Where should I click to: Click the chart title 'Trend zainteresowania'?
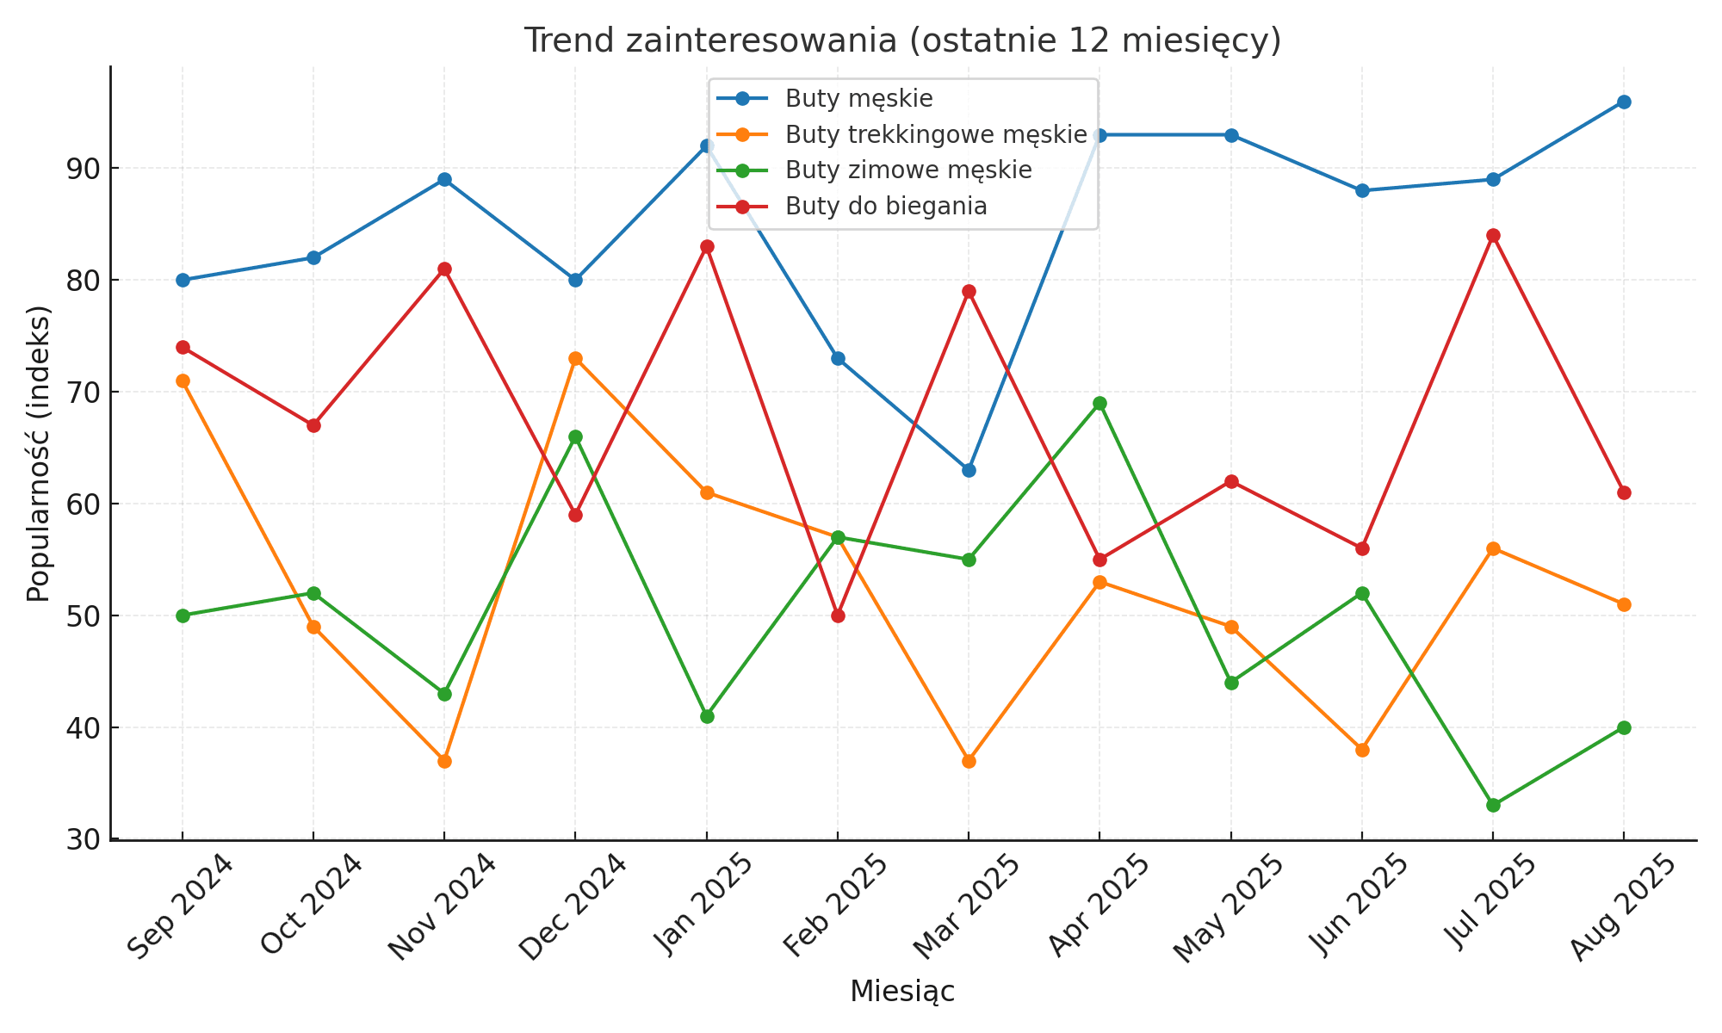click(x=902, y=40)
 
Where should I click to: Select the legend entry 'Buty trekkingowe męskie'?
click(x=935, y=134)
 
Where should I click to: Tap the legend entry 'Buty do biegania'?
click(x=885, y=207)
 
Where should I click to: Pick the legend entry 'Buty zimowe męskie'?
click(x=907, y=170)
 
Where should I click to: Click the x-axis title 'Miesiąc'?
click(x=902, y=992)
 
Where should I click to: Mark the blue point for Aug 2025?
click(x=1624, y=102)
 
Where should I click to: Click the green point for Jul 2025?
click(x=1493, y=806)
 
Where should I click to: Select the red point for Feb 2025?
click(x=838, y=615)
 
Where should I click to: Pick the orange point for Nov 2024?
click(x=444, y=761)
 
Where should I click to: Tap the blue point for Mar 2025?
click(x=969, y=470)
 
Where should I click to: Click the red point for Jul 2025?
click(x=1493, y=236)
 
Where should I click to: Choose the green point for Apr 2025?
click(x=1099, y=403)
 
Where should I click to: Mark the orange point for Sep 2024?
click(x=183, y=380)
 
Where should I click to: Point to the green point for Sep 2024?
click(x=183, y=615)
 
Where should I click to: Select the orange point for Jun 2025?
click(x=1362, y=750)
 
